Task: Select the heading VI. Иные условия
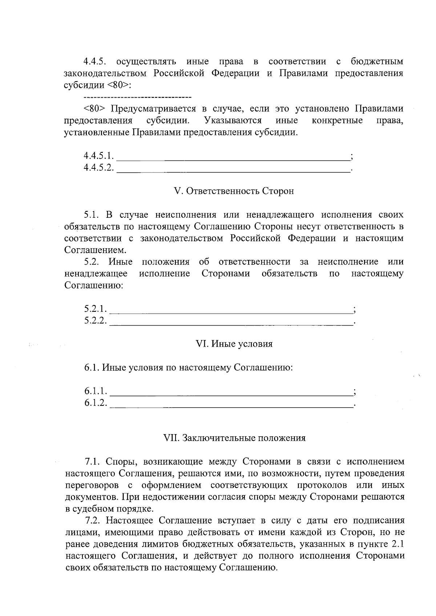234,344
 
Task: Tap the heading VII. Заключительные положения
235,438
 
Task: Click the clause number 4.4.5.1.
99,156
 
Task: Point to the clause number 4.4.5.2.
99,168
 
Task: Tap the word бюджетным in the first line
377,62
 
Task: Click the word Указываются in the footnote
233,120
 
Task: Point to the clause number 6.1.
92,367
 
